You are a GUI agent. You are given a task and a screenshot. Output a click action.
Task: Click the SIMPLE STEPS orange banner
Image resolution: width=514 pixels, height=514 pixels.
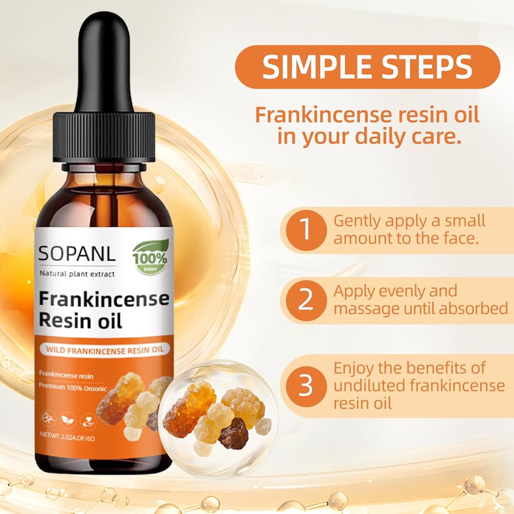(367, 67)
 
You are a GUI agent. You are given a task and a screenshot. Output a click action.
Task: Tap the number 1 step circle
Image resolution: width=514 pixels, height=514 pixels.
(305, 230)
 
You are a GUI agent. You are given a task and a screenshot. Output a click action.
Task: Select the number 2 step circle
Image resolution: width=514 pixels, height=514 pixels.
(305, 301)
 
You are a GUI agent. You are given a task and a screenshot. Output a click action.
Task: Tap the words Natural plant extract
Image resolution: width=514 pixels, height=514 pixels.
(78, 273)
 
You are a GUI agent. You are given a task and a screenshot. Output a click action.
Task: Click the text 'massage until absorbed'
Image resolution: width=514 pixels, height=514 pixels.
(420, 309)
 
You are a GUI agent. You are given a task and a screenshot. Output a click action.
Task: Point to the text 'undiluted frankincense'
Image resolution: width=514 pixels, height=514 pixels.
(419, 385)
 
